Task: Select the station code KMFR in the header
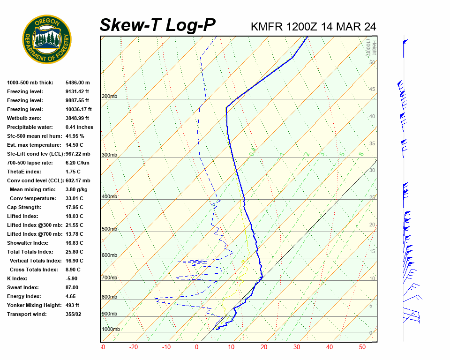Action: pyautogui.click(x=267, y=27)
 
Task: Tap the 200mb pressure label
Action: pyautogui.click(x=109, y=97)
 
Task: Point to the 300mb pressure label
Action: pyautogui.click(x=109, y=155)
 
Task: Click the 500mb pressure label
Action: pyautogui.click(x=109, y=229)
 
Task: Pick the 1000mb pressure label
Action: pyautogui.click(x=111, y=330)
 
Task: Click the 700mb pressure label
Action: pyautogui.click(x=109, y=278)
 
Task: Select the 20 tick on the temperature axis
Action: pyautogui.click(x=264, y=347)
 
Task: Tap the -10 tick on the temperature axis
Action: pyautogui.click(x=166, y=347)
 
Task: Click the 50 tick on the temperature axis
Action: pyautogui.click(x=362, y=347)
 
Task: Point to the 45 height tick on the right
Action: pyautogui.click(x=372, y=90)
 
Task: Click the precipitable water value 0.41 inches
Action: pyautogui.click(x=79, y=127)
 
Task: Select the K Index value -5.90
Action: pyautogui.click(x=72, y=278)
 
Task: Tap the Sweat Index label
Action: pyautogui.click(x=23, y=287)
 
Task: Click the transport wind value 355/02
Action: pyautogui.click(x=75, y=314)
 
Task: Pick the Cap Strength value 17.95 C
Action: pyautogui.click(x=74, y=207)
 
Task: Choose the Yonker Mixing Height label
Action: pyautogui.click(x=34, y=305)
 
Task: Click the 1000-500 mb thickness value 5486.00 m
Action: pyautogui.click(x=77, y=82)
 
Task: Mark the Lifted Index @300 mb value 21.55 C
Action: pyautogui.click(x=74, y=225)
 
